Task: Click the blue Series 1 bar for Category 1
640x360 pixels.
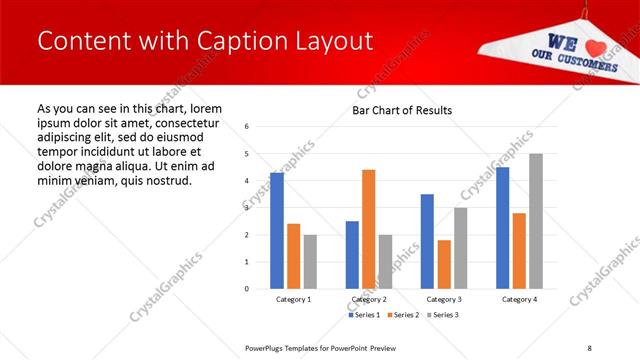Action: [277, 231]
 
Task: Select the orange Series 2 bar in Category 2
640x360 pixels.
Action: [368, 229]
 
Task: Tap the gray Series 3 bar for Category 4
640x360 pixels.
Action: [536, 221]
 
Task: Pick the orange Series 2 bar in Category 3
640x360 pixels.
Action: [444, 264]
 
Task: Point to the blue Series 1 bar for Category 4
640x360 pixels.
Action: [502, 228]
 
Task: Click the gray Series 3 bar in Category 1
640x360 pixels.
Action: [310, 262]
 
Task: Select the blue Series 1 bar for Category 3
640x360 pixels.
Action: [427, 241]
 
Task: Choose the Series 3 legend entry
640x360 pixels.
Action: [445, 315]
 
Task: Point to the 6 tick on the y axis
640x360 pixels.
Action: [246, 127]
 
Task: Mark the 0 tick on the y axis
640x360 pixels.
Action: [246, 289]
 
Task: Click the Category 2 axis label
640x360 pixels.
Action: [368, 299]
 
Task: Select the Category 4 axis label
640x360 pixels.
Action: [519, 299]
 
